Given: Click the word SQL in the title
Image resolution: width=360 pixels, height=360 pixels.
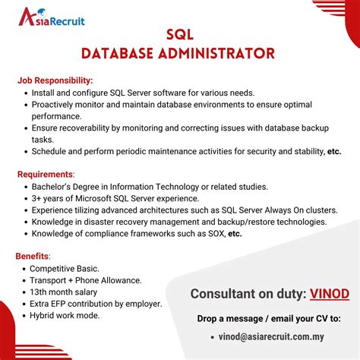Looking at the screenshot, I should click(x=179, y=35).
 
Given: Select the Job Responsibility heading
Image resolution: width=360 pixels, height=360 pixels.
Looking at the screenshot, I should click(x=55, y=80).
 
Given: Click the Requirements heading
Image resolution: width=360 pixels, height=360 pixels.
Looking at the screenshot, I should click(x=46, y=174).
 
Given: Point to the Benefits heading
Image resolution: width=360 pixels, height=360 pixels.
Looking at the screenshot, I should click(x=33, y=256).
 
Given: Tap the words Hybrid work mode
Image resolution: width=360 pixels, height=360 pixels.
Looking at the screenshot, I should click(x=65, y=315).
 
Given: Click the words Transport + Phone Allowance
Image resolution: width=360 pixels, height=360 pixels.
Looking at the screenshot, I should click(x=85, y=280).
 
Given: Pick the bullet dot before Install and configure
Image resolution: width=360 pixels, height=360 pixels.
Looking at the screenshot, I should click(x=24, y=93).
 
